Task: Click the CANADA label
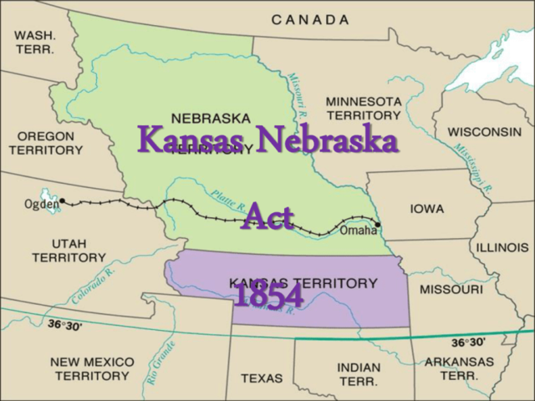click(x=310, y=18)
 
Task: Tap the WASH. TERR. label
click(x=34, y=42)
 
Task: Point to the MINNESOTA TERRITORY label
click(x=364, y=108)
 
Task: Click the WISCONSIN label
click(x=485, y=132)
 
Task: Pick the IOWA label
click(x=427, y=209)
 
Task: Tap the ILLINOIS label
click(x=502, y=247)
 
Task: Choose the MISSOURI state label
click(x=451, y=289)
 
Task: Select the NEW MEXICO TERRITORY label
click(x=92, y=368)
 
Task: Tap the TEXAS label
click(x=262, y=378)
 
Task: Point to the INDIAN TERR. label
click(x=359, y=373)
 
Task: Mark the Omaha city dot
click(x=378, y=224)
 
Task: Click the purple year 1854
click(x=267, y=296)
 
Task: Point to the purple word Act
click(x=267, y=219)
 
